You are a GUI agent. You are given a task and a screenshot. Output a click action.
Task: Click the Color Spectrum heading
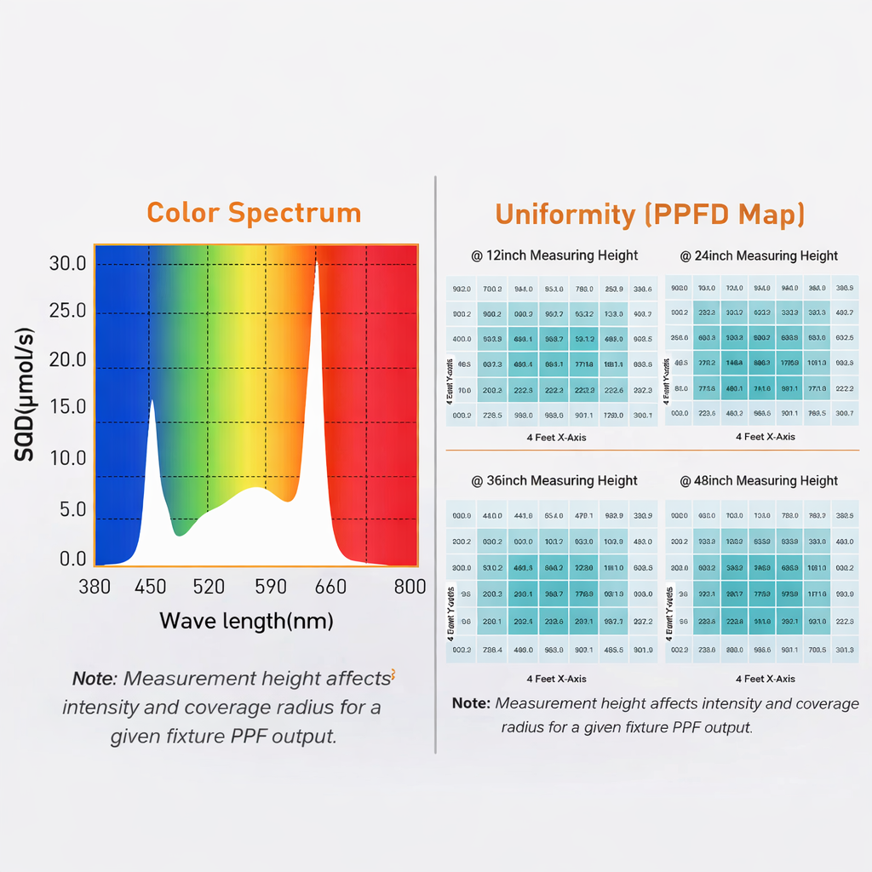tap(254, 212)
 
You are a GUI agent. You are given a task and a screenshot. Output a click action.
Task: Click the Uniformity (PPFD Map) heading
tap(650, 214)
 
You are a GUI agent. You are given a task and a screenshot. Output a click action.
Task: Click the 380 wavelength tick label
tap(94, 587)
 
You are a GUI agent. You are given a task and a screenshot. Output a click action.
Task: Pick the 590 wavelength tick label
tap(270, 587)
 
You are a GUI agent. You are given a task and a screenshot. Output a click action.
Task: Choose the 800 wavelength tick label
tap(410, 587)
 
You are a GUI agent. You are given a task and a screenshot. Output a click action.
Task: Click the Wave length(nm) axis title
tap(246, 620)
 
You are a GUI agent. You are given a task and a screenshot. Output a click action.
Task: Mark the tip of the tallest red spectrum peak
tap(317, 259)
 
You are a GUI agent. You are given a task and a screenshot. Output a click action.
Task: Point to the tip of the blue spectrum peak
tap(152, 399)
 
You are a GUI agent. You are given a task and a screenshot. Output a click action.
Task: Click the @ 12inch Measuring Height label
tap(554, 255)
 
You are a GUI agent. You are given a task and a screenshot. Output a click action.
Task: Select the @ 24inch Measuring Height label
tap(759, 255)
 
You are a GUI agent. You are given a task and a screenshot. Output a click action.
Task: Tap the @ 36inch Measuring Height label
tap(554, 480)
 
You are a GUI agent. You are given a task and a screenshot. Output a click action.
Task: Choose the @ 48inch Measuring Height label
tap(759, 480)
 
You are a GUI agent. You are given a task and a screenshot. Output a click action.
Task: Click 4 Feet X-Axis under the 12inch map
tap(556, 437)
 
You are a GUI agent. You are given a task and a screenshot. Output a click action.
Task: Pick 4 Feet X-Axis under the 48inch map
tap(766, 679)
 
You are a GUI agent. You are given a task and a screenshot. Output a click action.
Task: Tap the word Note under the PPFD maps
tap(471, 703)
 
